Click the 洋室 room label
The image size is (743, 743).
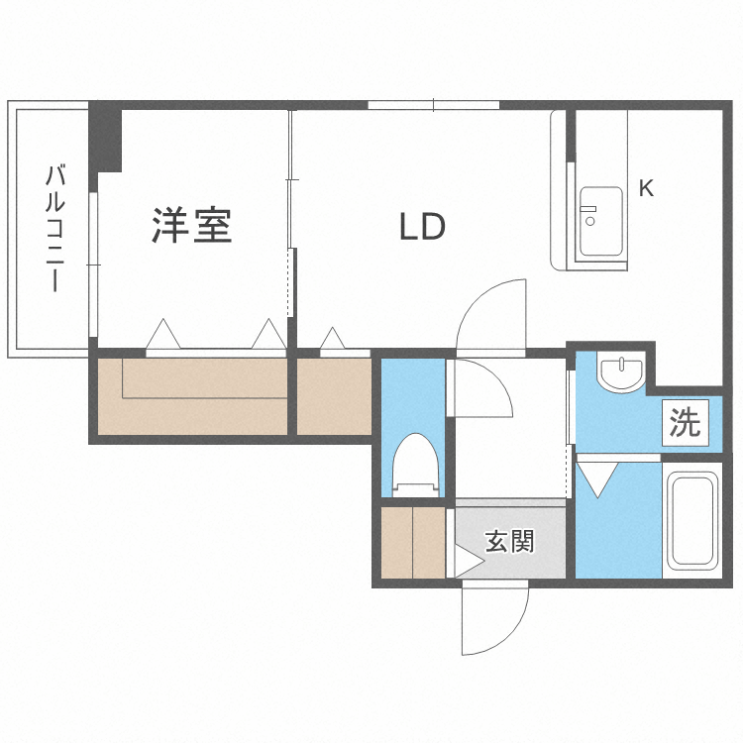pyautogui.click(x=192, y=226)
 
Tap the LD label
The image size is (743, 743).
pyautogui.click(x=422, y=228)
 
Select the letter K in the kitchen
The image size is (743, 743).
pyautogui.click(x=646, y=188)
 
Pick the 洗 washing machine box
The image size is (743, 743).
pyautogui.click(x=685, y=423)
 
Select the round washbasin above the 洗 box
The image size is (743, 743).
pyautogui.click(x=621, y=372)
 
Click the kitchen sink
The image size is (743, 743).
pyautogui.click(x=599, y=221)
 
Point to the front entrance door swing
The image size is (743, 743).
pyautogui.click(x=495, y=619)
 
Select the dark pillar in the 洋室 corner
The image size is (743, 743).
pyautogui.click(x=105, y=139)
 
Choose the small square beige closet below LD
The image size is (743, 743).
pyautogui.click(x=334, y=396)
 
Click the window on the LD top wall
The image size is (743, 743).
pyautogui.click(x=433, y=105)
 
